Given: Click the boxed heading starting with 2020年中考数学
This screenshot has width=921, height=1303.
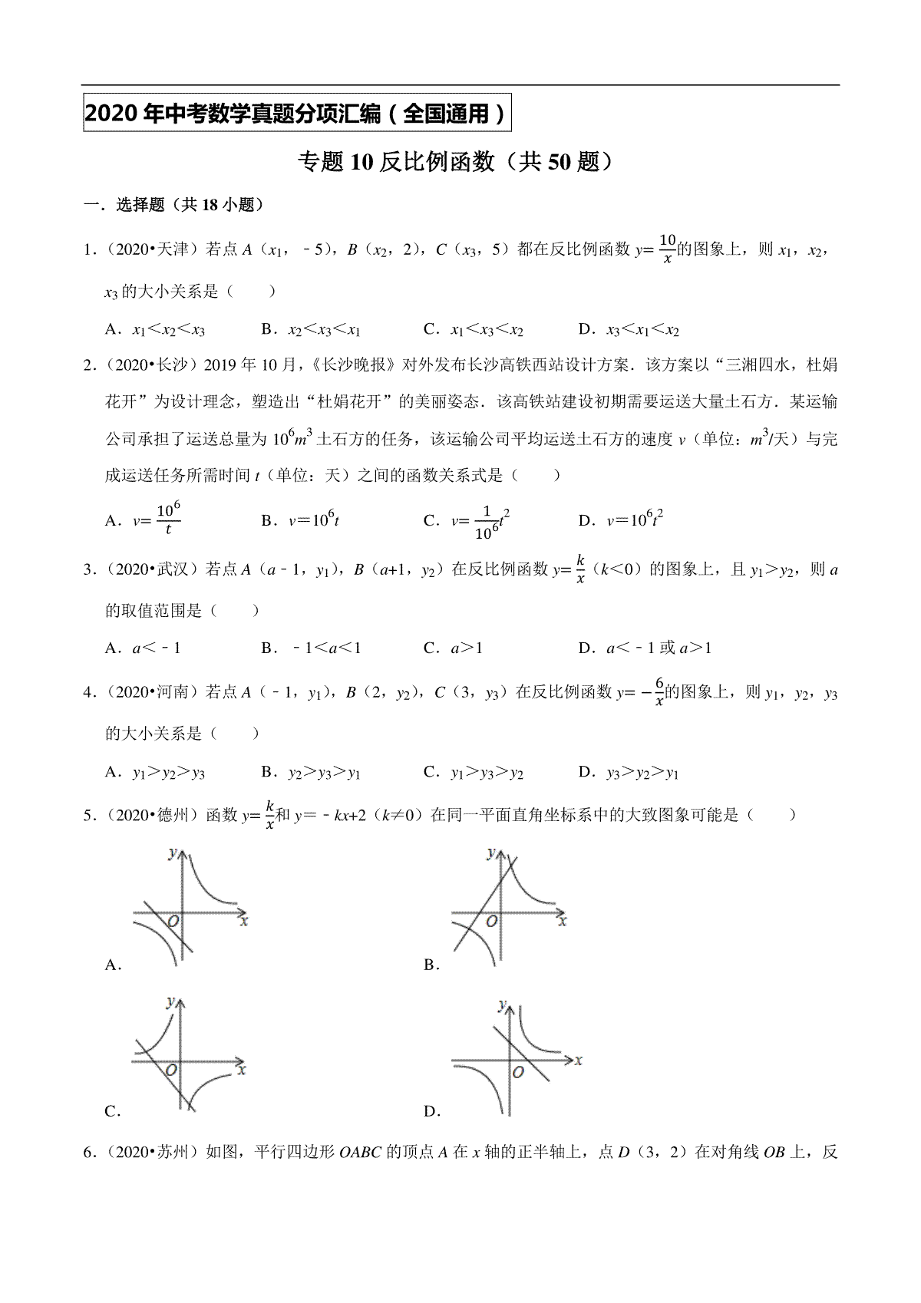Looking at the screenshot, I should (x=296, y=114).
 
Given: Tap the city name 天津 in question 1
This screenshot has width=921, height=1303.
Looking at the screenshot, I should (x=170, y=249).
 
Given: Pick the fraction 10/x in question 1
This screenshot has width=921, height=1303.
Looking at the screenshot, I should (x=667, y=249).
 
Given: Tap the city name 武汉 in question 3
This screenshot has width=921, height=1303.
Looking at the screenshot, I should (x=170, y=569).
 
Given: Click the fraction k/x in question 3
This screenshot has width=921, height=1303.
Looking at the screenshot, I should (x=581, y=569).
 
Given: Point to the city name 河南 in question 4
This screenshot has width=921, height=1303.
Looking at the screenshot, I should (x=170, y=693).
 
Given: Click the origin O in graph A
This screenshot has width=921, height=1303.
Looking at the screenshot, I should (x=173, y=920).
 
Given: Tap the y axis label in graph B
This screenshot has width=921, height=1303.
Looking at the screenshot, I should (x=491, y=853).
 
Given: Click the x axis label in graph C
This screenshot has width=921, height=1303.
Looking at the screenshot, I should (x=243, y=1068).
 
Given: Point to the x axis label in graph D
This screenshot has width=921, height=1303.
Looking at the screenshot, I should (x=578, y=1061).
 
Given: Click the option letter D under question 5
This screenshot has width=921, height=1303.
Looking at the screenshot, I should (x=430, y=1111).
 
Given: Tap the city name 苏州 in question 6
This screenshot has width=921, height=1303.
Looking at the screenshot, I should (x=170, y=1153).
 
